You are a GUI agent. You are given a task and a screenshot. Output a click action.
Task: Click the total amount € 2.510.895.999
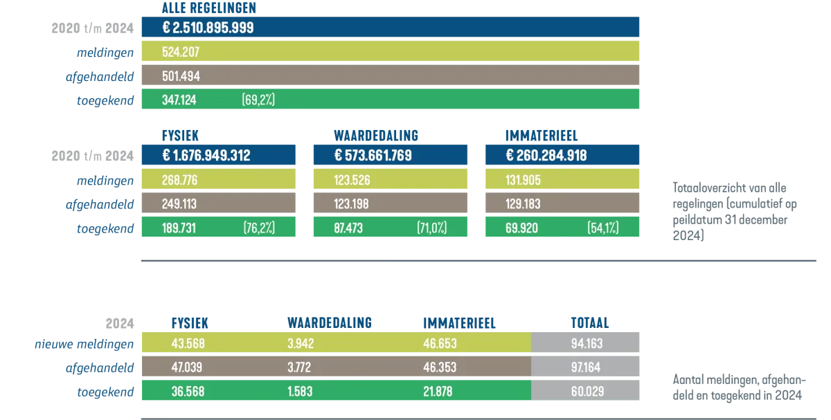click(208, 28)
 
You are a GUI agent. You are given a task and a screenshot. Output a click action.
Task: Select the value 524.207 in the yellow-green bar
click(181, 52)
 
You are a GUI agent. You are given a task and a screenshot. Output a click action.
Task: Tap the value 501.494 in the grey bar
click(181, 76)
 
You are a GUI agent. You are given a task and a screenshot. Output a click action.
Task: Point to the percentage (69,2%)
click(258, 100)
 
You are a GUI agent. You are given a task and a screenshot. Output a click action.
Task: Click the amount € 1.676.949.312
click(206, 156)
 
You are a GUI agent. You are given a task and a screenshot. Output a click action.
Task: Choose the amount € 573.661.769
click(373, 156)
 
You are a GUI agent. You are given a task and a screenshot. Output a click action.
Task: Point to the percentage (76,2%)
click(259, 228)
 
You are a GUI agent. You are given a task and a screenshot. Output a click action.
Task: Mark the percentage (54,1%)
click(602, 228)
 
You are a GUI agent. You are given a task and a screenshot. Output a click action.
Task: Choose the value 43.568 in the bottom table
click(188, 344)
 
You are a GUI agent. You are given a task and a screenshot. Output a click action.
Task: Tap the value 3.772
click(300, 367)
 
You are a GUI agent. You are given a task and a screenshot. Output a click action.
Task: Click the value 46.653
click(440, 344)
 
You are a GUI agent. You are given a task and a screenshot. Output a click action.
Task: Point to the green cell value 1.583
click(300, 392)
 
